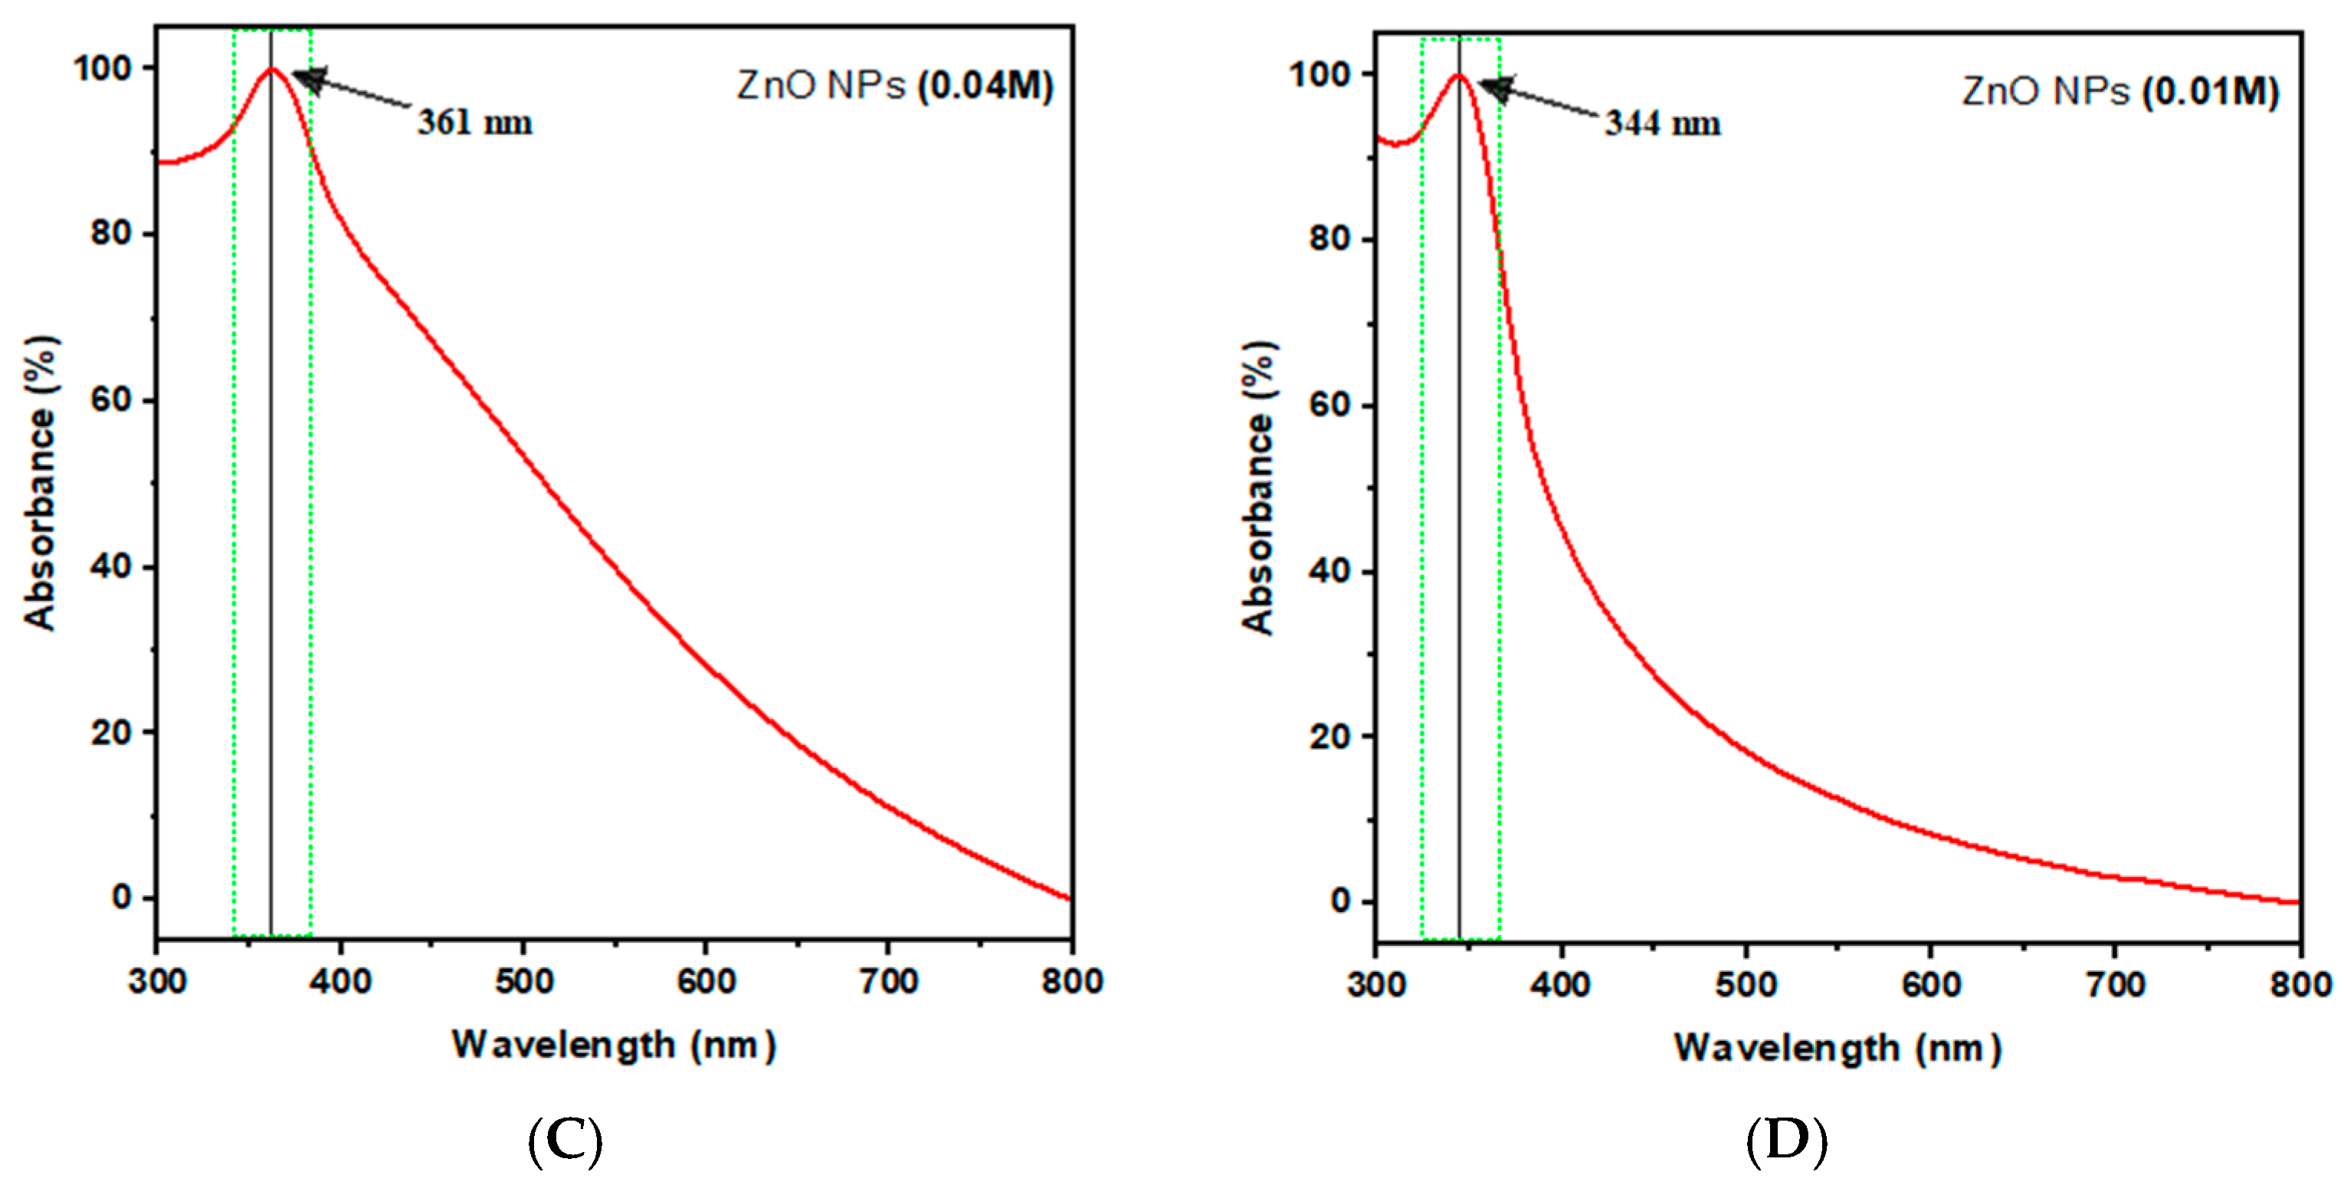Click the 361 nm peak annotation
(x=475, y=123)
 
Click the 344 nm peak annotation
(x=1663, y=123)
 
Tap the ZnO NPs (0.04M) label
(x=894, y=86)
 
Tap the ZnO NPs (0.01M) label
(x=2119, y=91)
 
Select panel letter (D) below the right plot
(x=1786, y=1141)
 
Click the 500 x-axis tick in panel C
(x=524, y=981)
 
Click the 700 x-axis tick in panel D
(x=2116, y=985)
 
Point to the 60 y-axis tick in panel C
(x=110, y=399)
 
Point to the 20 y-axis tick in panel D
(x=1329, y=737)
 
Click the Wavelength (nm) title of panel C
(x=615, y=1045)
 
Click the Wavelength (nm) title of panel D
(x=1837, y=1049)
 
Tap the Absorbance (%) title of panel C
(x=41, y=482)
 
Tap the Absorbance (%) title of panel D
(x=1260, y=487)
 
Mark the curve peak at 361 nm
(x=271, y=69)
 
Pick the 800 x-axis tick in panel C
(x=1072, y=981)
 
